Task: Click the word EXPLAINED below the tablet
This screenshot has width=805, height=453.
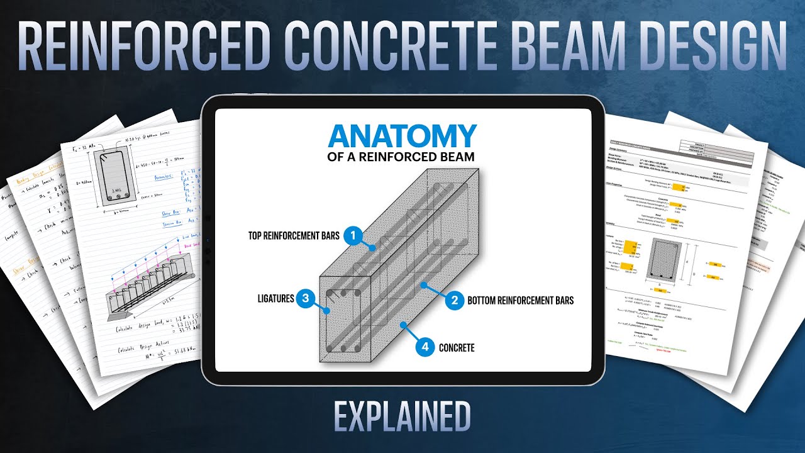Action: point(402,417)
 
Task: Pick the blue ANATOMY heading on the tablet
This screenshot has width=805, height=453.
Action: point(402,137)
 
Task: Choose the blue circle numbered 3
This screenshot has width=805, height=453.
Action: point(305,298)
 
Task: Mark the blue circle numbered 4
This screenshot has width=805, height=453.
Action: point(426,347)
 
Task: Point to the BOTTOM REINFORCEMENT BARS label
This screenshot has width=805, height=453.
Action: point(520,301)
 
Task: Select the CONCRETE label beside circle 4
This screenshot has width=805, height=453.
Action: point(457,347)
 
